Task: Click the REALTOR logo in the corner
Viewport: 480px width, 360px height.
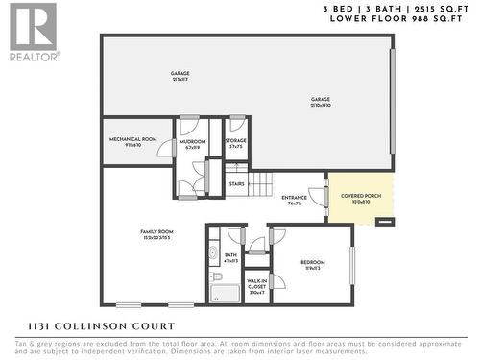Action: [33, 31]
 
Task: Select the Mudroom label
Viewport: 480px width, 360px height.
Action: [189, 144]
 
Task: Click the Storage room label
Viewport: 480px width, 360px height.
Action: [236, 141]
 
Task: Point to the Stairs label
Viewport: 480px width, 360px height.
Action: [237, 184]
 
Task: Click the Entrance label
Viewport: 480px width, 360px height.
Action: [294, 199]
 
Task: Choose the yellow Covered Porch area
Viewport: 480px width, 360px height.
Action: [360, 197]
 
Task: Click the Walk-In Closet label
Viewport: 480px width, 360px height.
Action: [256, 285]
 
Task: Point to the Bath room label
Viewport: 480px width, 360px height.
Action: [230, 257]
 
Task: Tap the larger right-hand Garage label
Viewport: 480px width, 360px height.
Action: [320, 102]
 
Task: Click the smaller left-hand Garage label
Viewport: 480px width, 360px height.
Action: [180, 76]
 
